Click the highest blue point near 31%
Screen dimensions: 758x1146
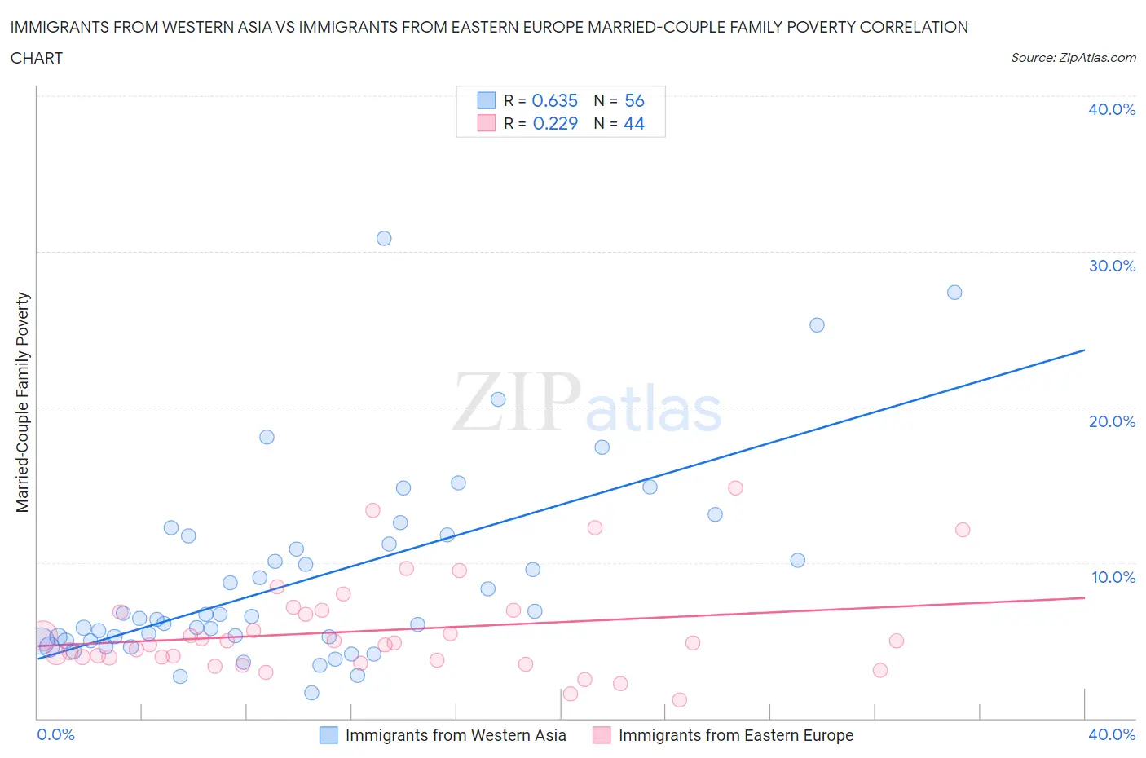point(384,238)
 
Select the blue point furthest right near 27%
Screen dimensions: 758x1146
point(954,292)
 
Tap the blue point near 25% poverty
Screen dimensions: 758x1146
point(817,324)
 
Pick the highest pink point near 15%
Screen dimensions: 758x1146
point(735,487)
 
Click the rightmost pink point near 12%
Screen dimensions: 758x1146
point(963,530)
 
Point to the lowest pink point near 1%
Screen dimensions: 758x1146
point(680,699)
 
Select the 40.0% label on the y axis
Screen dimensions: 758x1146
point(1112,109)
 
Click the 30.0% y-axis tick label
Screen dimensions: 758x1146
point(1112,266)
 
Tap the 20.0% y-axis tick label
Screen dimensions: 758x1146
point(1112,421)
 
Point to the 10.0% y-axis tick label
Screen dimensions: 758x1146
point(1113,577)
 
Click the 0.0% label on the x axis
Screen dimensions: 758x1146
point(55,734)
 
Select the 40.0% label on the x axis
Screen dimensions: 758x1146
point(1112,734)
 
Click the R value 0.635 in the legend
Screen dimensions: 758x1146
point(554,100)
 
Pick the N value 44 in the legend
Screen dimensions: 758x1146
point(633,123)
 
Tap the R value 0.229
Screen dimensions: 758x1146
point(554,123)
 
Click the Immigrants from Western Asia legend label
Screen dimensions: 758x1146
point(455,735)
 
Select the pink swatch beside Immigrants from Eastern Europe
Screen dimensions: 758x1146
point(602,735)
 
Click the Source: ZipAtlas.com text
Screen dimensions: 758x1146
point(1073,57)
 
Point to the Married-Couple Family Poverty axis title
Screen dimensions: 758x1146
point(23,403)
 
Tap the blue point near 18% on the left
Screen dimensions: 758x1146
point(267,437)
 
